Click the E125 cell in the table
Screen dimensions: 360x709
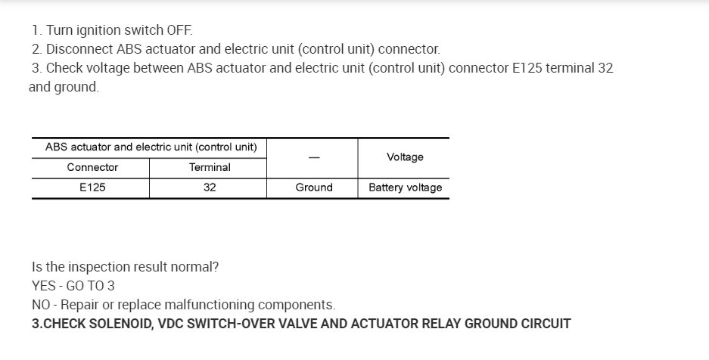(x=92, y=188)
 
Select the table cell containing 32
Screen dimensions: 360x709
(x=210, y=188)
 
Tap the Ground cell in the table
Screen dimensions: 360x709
(x=314, y=188)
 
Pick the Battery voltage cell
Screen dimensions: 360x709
(x=405, y=188)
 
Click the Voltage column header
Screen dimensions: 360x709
(x=405, y=157)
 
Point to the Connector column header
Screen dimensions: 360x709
(x=92, y=167)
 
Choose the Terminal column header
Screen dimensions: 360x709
(x=210, y=167)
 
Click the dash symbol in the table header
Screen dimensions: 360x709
(x=313, y=157)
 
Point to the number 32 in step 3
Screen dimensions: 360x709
(x=605, y=68)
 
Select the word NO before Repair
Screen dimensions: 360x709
(x=41, y=305)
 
